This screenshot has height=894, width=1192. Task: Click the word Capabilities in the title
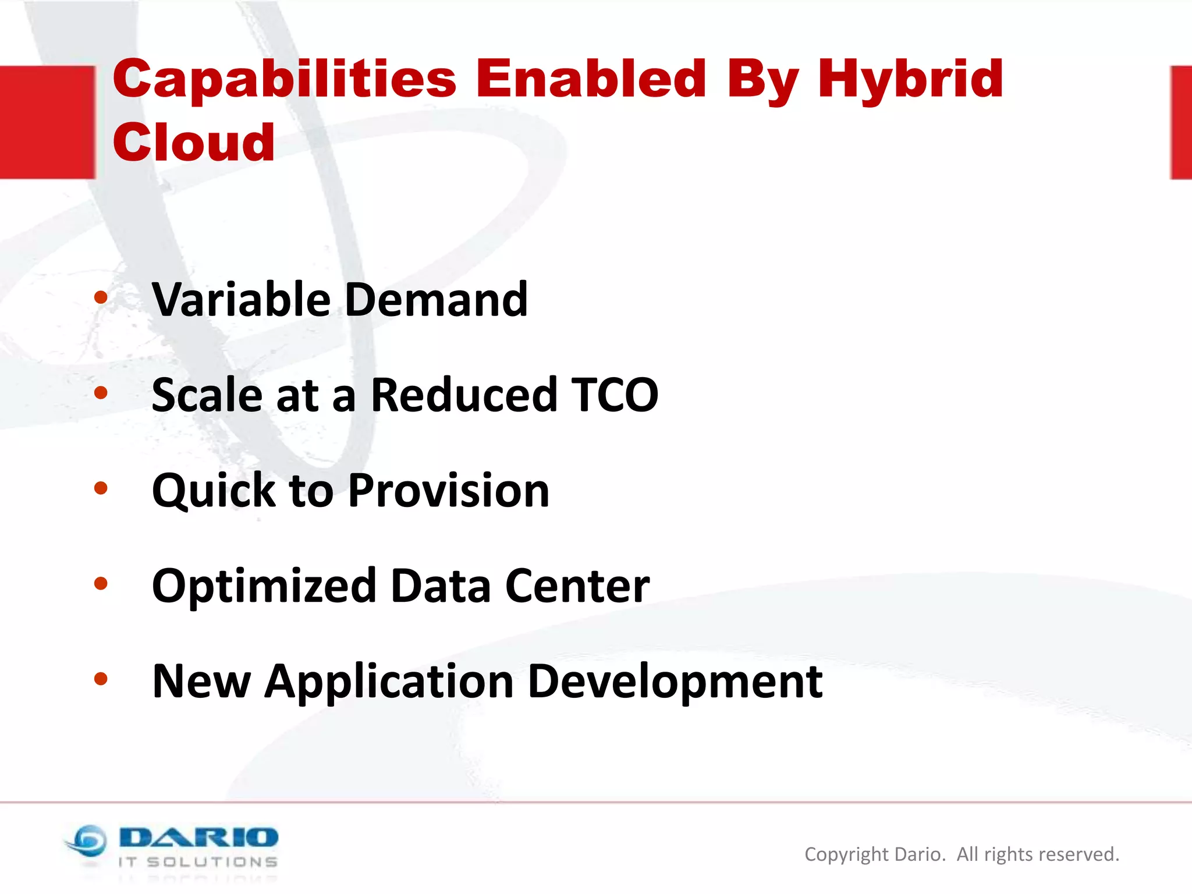[284, 79]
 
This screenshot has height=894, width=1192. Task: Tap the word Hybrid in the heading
[910, 79]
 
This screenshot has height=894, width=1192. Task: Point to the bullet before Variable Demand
[101, 298]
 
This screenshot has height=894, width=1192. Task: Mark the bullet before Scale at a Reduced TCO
[101, 393]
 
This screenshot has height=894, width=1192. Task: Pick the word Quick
[213, 491]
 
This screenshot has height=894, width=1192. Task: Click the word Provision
[449, 491]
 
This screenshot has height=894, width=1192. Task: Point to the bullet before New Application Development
[101, 679]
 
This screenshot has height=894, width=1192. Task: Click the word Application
[389, 682]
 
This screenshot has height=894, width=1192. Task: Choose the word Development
[675, 682]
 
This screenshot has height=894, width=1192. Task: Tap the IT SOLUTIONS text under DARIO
[198, 862]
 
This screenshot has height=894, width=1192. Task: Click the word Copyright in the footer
[846, 854]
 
